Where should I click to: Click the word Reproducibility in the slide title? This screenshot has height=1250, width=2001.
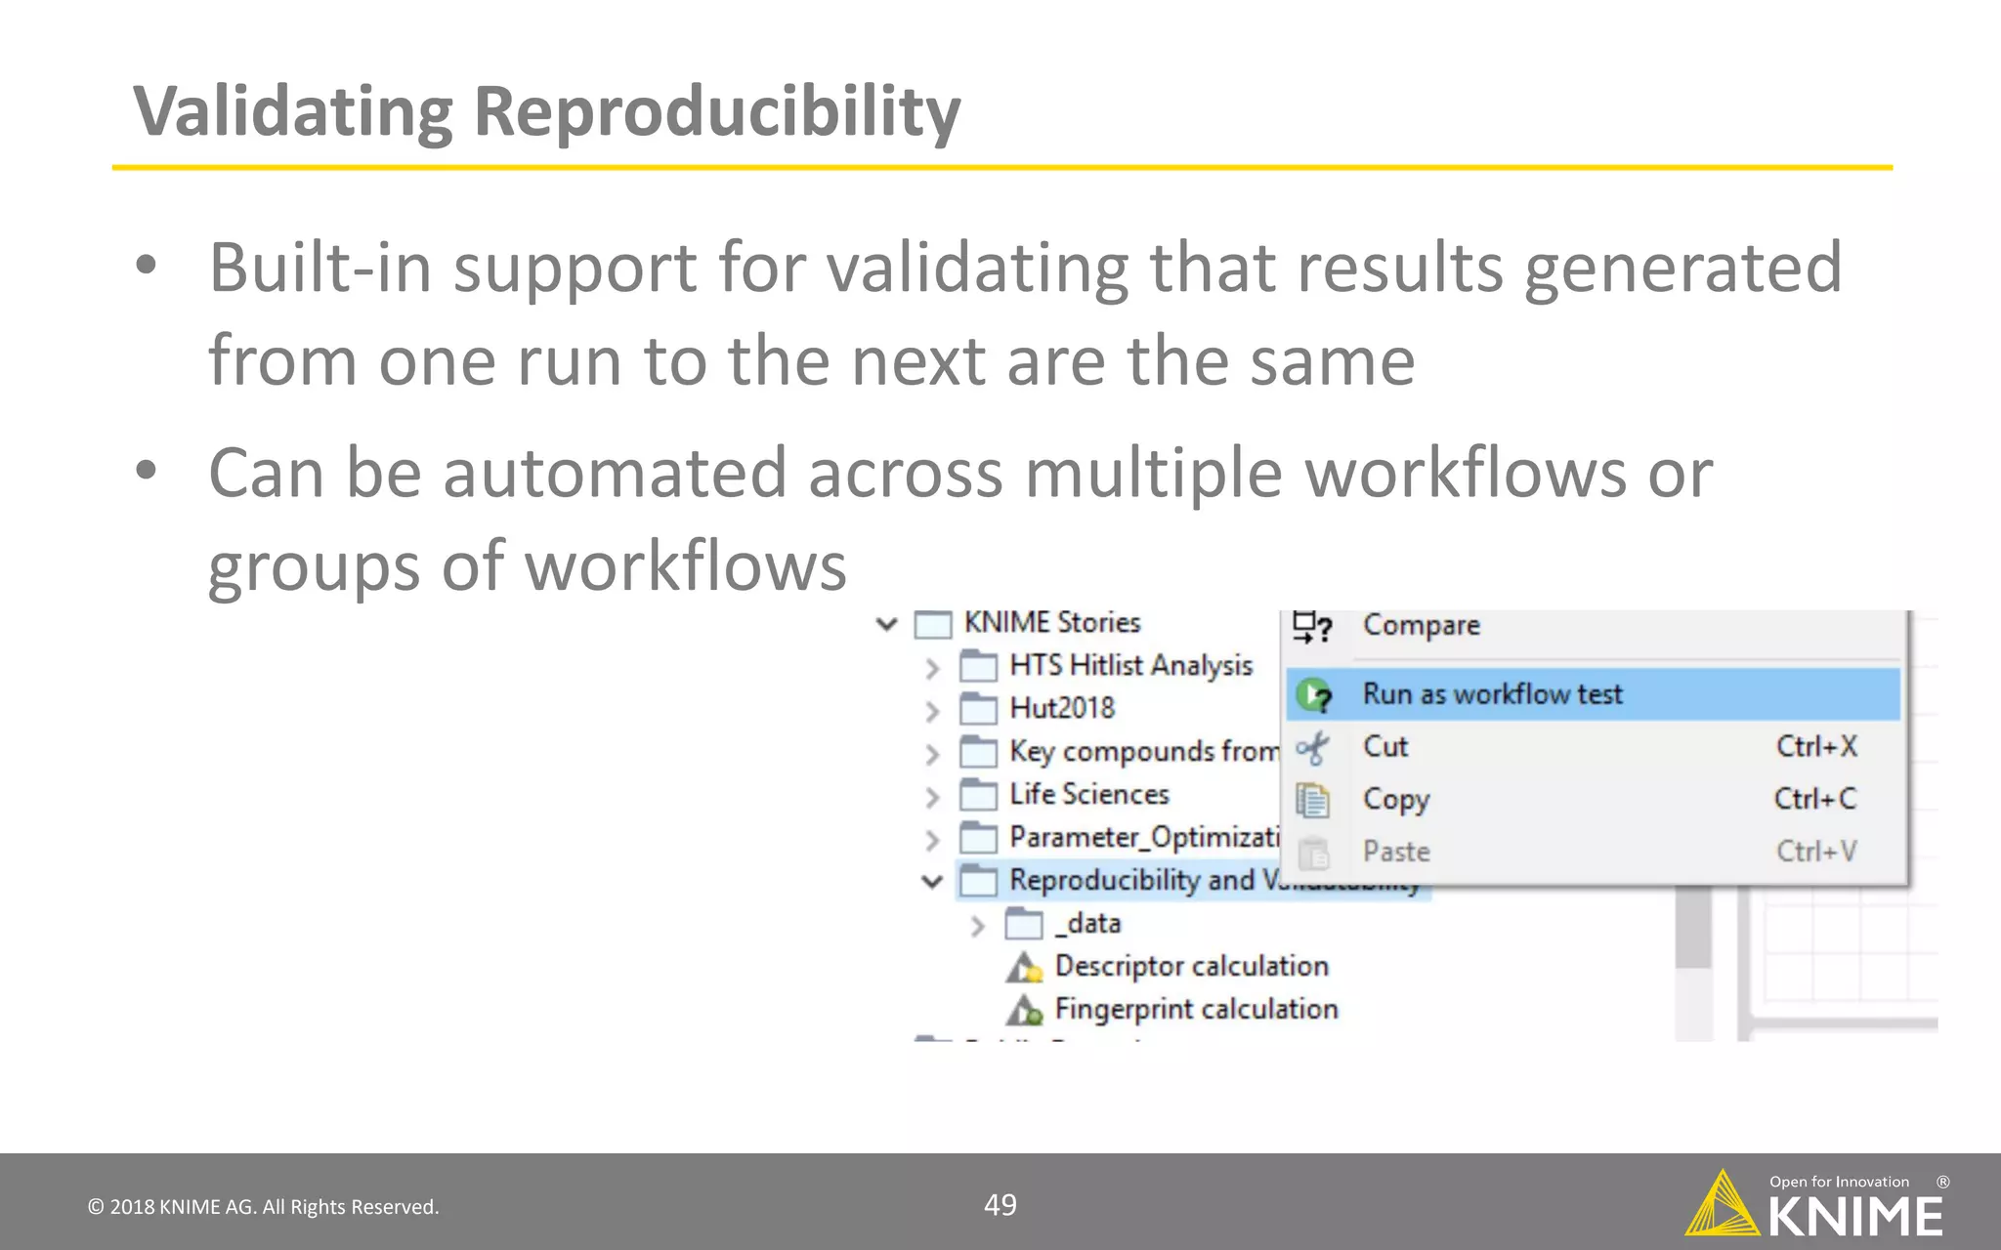point(716,112)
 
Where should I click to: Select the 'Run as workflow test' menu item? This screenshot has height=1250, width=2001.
point(1492,694)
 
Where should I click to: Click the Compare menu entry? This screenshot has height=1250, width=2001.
point(1421,626)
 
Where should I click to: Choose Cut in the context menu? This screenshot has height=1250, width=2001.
point(1385,747)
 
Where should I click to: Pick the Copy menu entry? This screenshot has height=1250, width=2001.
point(1396,800)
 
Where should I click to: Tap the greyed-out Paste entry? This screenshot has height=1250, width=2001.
point(1396,852)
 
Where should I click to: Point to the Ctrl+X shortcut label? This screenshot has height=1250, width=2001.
point(1816,747)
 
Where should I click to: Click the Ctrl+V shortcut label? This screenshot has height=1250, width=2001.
point(1816,852)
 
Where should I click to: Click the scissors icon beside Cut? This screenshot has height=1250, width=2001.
point(1312,749)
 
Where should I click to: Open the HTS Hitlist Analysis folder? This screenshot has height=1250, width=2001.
point(1130,666)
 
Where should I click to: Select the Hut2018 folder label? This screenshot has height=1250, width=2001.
point(1062,708)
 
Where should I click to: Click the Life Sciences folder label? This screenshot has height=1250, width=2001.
point(1089,795)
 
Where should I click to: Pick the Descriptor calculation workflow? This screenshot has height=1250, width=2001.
point(1191,967)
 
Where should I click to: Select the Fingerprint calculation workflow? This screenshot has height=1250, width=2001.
point(1196,1010)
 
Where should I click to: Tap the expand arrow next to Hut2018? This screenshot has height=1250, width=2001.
point(932,711)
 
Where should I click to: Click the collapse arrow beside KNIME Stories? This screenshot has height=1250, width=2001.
point(887,624)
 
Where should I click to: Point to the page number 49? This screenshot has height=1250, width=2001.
point(1000,1205)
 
